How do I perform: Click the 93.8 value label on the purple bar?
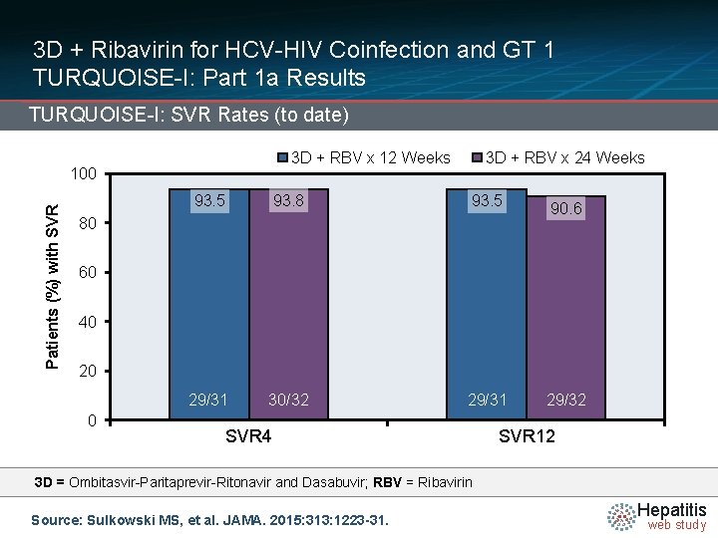(288, 201)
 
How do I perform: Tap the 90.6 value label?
(565, 209)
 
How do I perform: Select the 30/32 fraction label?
(288, 400)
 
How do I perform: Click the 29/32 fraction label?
(565, 400)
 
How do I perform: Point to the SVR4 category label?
(248, 437)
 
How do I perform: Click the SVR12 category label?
(526, 437)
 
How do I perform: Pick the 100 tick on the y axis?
(84, 174)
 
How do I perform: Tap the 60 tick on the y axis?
(88, 272)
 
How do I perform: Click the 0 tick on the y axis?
(92, 420)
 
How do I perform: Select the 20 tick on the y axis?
(88, 371)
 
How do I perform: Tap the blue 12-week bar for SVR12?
(487, 299)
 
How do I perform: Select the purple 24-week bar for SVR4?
(288, 299)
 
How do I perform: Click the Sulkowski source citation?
(209, 519)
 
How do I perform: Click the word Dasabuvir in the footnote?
(334, 482)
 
